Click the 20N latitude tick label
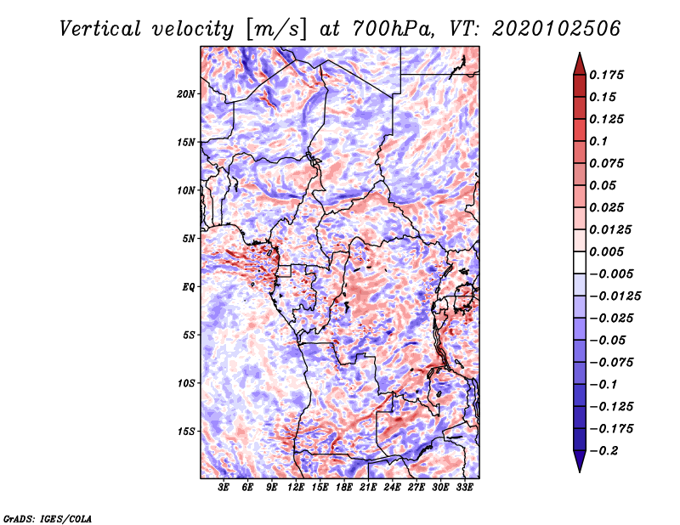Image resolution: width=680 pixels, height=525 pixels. click(x=186, y=93)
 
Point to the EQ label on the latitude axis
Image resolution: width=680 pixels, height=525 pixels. click(x=189, y=287)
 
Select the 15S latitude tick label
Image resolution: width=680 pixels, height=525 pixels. click(x=186, y=432)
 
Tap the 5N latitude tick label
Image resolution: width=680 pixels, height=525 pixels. click(x=189, y=239)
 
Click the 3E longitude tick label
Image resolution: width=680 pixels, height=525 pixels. click(x=224, y=488)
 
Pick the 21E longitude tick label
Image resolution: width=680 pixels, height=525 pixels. click(x=368, y=488)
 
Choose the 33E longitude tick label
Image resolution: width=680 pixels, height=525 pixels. click(x=464, y=488)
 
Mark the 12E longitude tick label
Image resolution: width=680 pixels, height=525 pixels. click(x=296, y=488)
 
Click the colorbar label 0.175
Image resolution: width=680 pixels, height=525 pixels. click(x=608, y=75)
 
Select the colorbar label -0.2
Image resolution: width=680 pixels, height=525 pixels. click(x=608, y=451)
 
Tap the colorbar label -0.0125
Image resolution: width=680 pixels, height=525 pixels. click(x=616, y=296)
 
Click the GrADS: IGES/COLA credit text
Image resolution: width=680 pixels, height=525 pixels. click(x=47, y=517)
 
